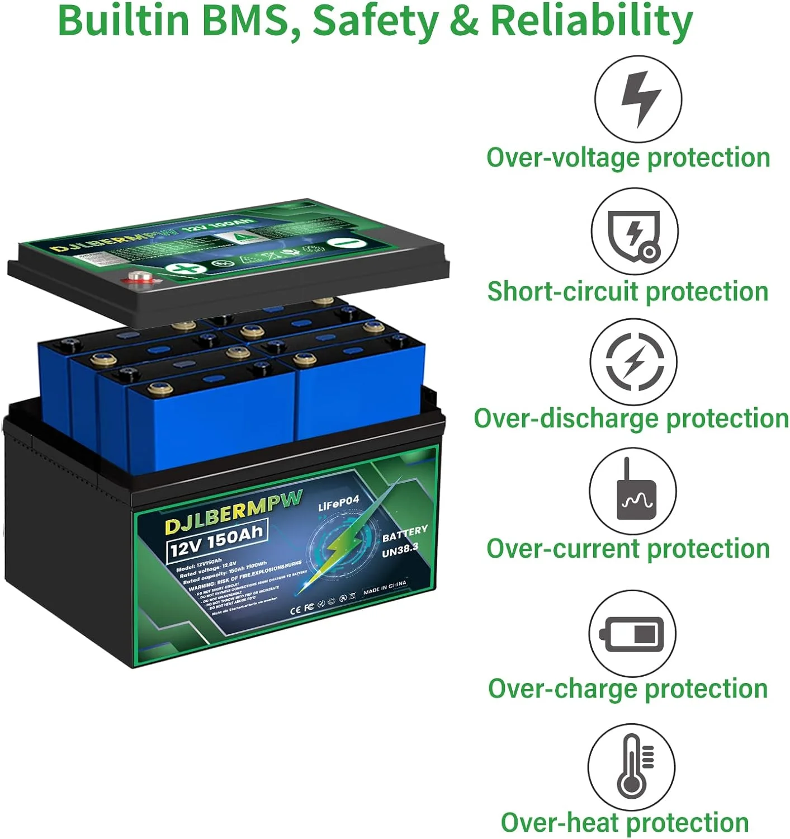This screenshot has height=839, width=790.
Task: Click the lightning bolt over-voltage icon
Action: (x=638, y=98)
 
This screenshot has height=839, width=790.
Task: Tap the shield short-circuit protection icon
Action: (x=635, y=232)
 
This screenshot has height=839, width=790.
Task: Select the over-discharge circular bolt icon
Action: (x=634, y=361)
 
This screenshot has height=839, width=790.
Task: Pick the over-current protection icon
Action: (x=633, y=491)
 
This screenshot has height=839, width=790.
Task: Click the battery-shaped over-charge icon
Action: (x=632, y=633)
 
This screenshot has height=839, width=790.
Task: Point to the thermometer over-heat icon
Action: (x=632, y=766)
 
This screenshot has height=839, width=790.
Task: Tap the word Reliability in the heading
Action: (x=591, y=20)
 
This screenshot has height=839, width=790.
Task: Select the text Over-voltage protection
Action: (x=628, y=158)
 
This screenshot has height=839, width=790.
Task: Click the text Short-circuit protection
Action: (x=628, y=291)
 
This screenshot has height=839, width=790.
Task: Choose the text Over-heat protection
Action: (x=625, y=822)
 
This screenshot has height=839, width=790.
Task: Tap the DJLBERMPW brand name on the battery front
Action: (x=234, y=511)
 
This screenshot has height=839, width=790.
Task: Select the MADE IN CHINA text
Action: (x=385, y=587)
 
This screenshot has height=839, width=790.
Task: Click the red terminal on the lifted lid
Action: (x=138, y=276)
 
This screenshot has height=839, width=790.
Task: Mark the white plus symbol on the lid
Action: (x=186, y=268)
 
